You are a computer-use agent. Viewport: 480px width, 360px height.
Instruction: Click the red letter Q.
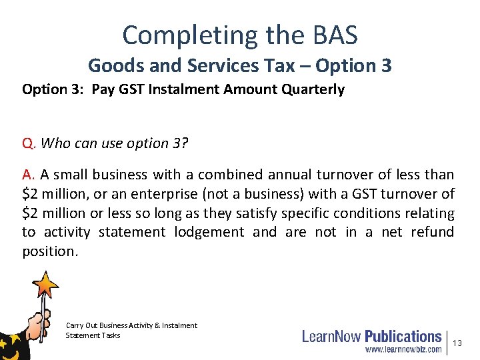pyautogui.click(x=27, y=143)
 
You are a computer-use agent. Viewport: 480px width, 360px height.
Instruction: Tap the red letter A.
pyautogui.click(x=27, y=175)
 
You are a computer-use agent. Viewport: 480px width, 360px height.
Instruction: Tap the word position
pyautogui.click(x=49, y=251)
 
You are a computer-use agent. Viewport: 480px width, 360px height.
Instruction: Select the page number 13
pyautogui.click(x=457, y=343)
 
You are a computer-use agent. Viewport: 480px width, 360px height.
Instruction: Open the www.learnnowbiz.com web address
pyautogui.click(x=403, y=349)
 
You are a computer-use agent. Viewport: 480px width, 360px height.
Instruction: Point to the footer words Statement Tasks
pyautogui.click(x=93, y=335)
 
